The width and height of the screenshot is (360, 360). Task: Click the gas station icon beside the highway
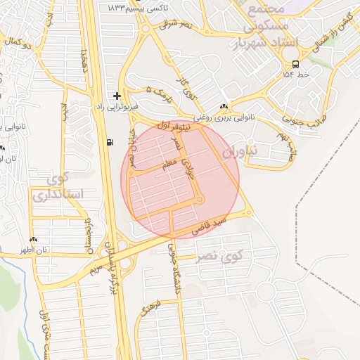pyautogui.click(x=110, y=143)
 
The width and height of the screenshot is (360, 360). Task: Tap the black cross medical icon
pyautogui.click(x=117, y=95)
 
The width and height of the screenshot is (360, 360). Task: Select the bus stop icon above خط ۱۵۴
pyautogui.click(x=295, y=63)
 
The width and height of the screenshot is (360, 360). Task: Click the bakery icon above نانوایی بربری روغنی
pyautogui.click(x=224, y=107)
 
